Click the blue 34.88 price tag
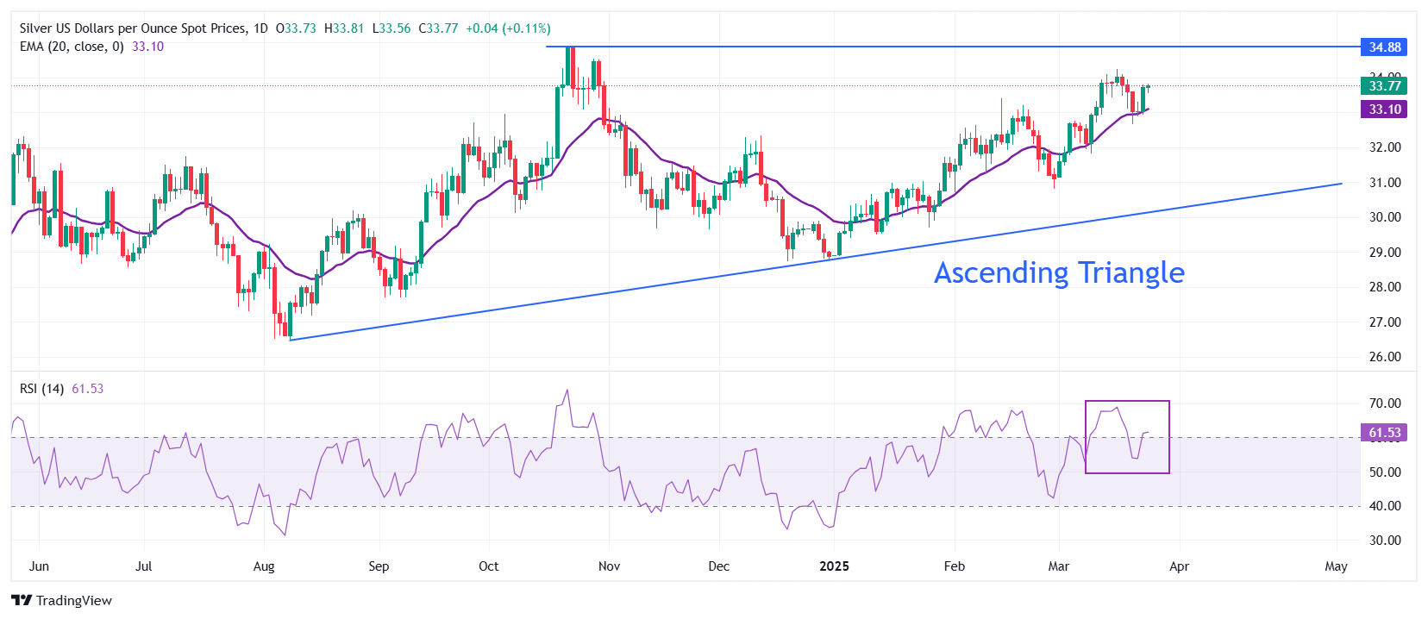1384,47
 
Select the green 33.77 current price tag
1384,85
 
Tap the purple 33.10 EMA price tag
1384,109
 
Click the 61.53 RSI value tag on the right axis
1384,433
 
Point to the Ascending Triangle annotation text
1059,273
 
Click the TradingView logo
61,601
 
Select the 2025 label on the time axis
834,566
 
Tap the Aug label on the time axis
264,566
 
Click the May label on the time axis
1336,566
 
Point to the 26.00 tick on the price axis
1385,357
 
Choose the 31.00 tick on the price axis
1385,183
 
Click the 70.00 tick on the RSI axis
1385,403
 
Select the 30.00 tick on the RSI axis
1385,541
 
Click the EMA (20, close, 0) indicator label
72,47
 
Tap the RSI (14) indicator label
41,389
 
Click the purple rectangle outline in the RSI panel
1127,402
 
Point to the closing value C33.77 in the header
438,28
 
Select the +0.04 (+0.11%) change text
508,28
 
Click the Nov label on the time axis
609,566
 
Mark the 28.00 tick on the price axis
1385,287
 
